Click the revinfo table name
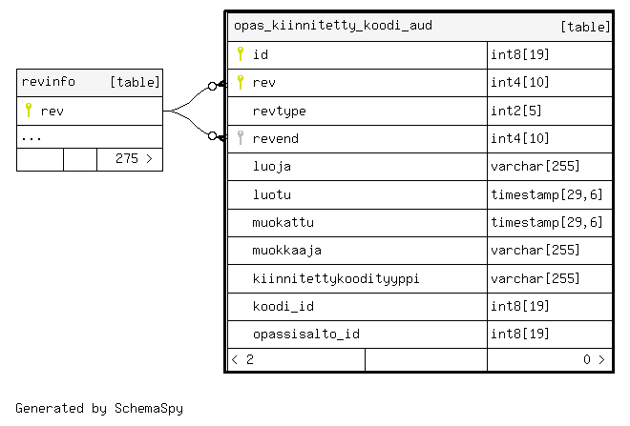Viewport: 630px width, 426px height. (49, 82)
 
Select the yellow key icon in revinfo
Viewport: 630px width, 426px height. (29, 110)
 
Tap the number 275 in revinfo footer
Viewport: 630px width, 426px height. (127, 159)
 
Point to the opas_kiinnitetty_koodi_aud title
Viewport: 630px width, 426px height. (333, 26)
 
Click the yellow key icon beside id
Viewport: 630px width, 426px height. (241, 53)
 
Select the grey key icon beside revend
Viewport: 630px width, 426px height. (241, 137)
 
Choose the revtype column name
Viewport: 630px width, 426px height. (280, 112)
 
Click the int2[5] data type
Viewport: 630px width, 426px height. (516, 111)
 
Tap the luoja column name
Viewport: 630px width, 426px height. (272, 167)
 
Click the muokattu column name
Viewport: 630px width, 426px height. (283, 223)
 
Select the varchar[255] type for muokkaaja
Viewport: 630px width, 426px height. (535, 251)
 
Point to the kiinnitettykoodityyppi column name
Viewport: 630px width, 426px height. (336, 279)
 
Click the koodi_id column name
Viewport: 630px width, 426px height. (283, 307)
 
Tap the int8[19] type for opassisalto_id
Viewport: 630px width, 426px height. (520, 335)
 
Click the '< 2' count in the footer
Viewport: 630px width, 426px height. (242, 360)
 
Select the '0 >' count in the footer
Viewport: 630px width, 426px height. (594, 360)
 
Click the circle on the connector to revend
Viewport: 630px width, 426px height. (213, 136)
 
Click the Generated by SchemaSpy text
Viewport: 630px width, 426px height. (99, 409)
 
